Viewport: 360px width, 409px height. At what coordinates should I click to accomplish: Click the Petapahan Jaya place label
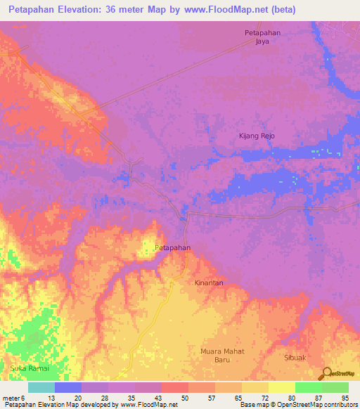tap(262, 37)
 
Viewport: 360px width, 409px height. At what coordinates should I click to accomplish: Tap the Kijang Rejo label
tap(256, 136)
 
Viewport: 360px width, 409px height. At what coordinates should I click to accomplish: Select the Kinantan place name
tap(209, 283)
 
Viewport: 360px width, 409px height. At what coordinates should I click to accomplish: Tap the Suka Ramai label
tap(29, 368)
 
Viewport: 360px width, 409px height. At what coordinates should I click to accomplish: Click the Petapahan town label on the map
tap(172, 248)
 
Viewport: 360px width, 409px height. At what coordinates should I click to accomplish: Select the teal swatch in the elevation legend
tap(41, 387)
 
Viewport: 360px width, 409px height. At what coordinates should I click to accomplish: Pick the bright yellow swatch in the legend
tap(281, 387)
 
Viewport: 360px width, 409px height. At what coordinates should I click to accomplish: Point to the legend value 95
tap(344, 398)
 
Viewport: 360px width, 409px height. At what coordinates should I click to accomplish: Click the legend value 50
tap(184, 398)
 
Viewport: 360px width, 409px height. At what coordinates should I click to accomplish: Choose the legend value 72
tap(264, 398)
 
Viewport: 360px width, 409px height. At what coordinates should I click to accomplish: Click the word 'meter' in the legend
tap(11, 398)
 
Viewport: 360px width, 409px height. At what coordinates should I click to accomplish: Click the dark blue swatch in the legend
tap(68, 387)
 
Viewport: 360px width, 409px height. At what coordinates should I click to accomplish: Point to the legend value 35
tap(130, 398)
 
